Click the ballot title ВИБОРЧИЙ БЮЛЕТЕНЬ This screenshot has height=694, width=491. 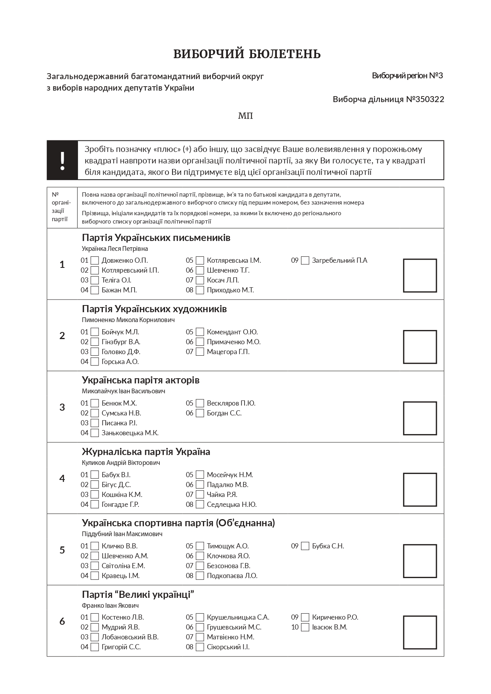coord(247,54)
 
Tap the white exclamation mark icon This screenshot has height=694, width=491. coord(62,160)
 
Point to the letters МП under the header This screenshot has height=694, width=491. coord(245,116)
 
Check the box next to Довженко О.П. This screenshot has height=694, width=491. coord(95,260)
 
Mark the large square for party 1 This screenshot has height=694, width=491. coord(420,275)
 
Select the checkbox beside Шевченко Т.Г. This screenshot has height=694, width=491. coord(200,270)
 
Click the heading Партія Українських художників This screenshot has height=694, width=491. coord(154,309)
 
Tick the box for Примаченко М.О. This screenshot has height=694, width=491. coord(200,342)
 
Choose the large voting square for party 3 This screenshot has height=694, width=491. coord(420,418)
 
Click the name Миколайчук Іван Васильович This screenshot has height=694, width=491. coord(123,391)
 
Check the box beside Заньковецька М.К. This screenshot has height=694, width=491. coord(95,433)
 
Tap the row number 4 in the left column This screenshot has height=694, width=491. coord(62,478)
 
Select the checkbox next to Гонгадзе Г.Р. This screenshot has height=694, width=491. coord(95,504)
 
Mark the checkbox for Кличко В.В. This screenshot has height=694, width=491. coord(95,546)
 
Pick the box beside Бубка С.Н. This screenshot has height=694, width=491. coord(305,546)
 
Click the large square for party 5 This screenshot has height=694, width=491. coord(420,561)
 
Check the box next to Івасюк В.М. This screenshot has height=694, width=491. coord(305,627)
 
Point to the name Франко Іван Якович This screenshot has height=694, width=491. coord(110,605)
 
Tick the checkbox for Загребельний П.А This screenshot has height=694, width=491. coord(305,260)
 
